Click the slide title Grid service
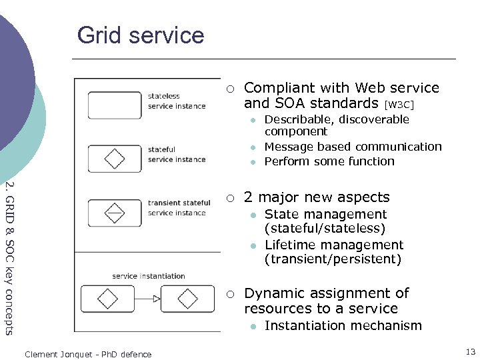coord(141,35)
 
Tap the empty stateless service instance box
coord(115,105)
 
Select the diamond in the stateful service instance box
coord(115,159)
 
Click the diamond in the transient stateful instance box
coord(115,212)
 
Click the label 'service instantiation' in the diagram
coord(148,275)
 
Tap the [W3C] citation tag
coord(400,105)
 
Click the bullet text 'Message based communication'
coord(353,147)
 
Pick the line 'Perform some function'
coord(329,161)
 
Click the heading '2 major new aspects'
coord(317,197)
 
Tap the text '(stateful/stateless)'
coord(325,228)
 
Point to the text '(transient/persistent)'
coord(333,259)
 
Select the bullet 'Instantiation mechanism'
coord(343,325)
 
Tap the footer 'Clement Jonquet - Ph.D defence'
coord(88,354)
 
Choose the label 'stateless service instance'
coord(177,101)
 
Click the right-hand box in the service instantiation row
coord(188,298)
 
